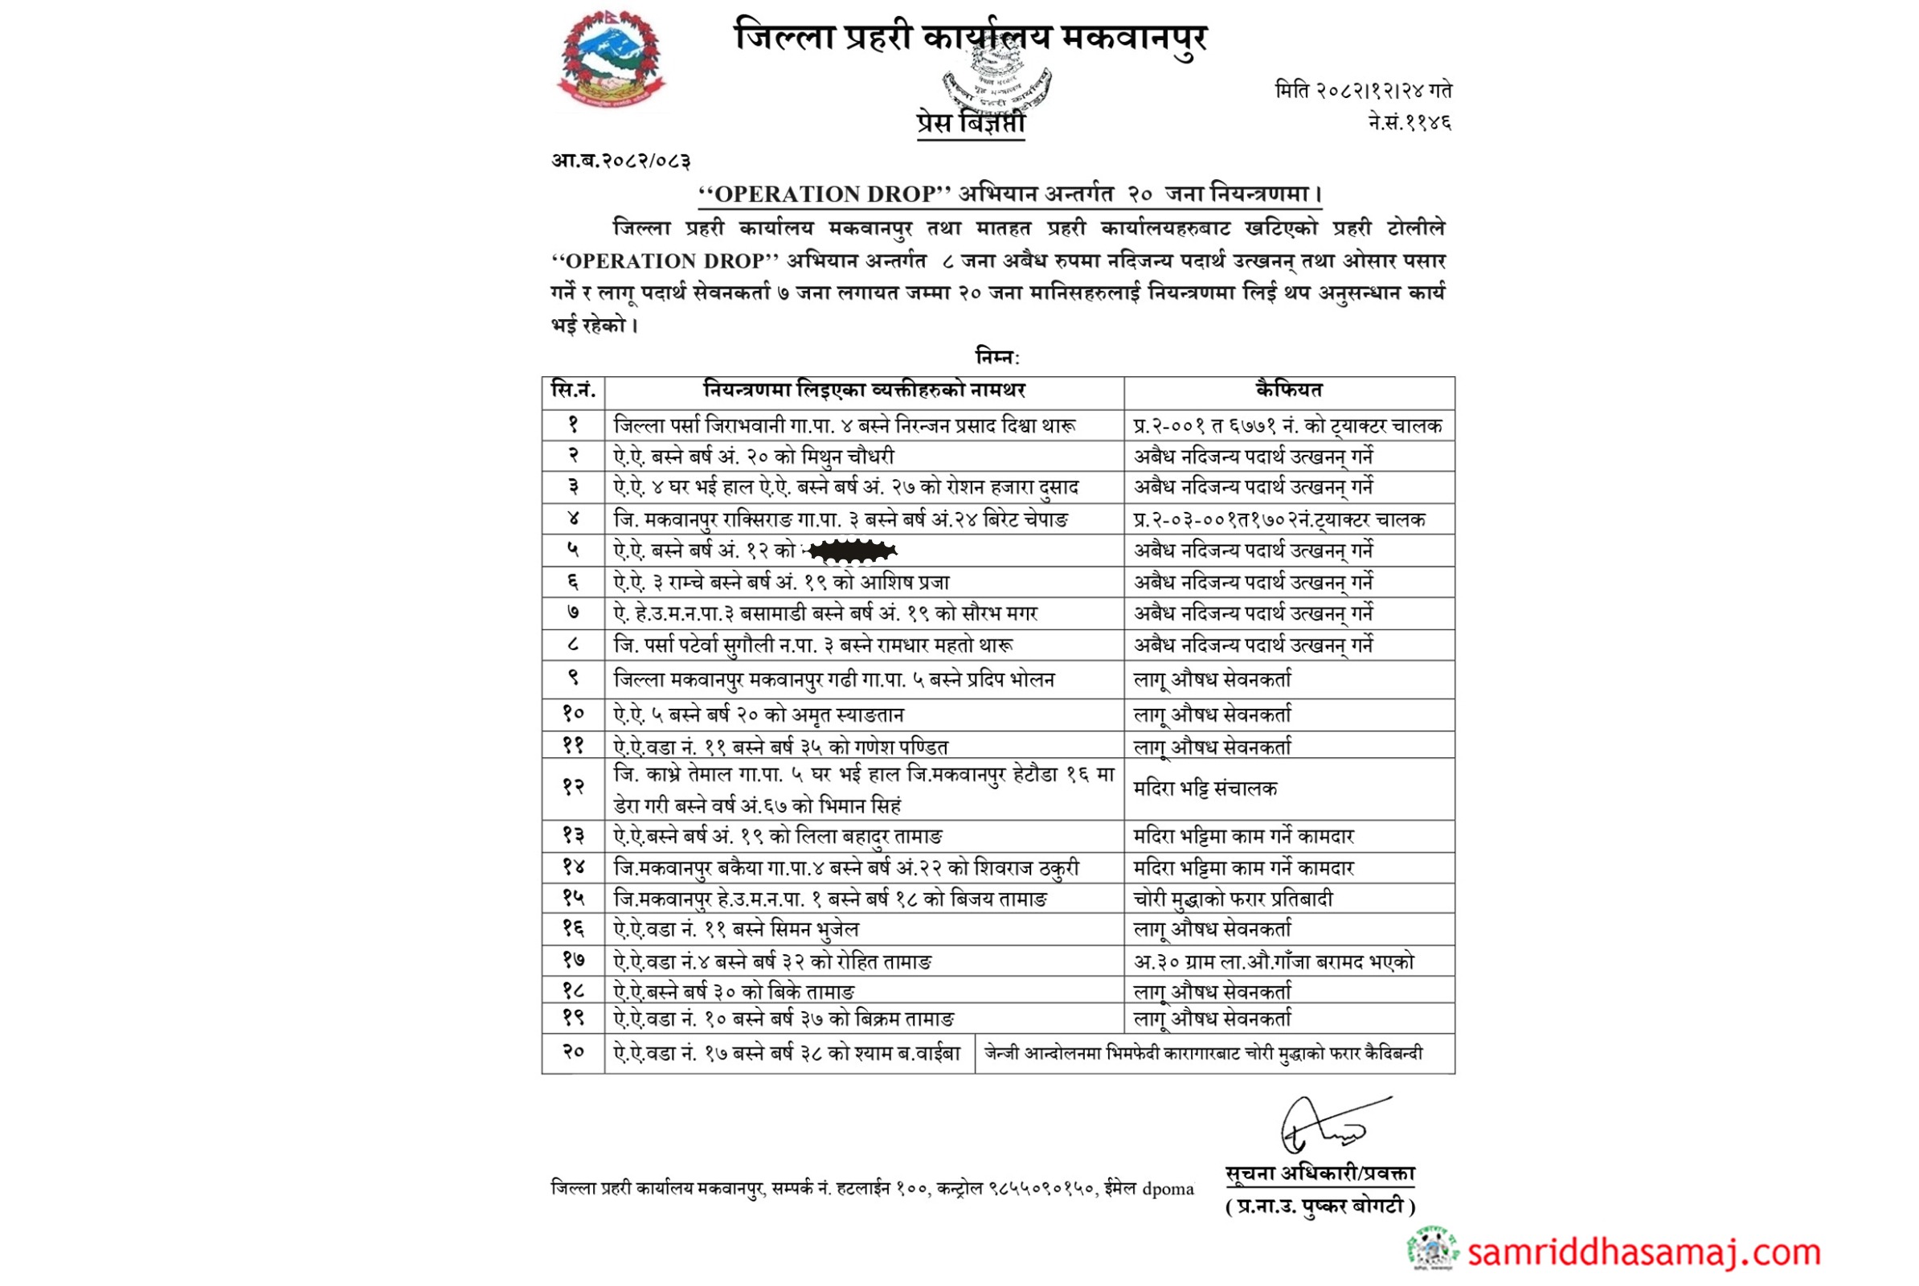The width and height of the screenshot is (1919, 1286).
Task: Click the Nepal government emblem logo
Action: (x=611, y=62)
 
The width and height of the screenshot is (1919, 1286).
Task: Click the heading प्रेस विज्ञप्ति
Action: (x=970, y=123)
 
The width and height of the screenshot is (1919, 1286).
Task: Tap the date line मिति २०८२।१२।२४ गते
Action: (x=1363, y=90)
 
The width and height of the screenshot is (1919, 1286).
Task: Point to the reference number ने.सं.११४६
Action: (x=1409, y=123)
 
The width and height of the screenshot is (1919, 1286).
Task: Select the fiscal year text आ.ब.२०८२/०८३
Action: (x=620, y=161)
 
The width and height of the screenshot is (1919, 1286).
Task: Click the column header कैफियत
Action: (x=1288, y=391)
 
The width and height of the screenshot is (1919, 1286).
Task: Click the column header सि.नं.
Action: (x=573, y=391)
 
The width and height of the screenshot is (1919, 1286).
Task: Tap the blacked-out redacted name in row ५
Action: (x=851, y=551)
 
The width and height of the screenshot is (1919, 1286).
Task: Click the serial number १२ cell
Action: (x=573, y=788)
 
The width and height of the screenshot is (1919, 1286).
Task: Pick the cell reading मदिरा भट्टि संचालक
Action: (x=1205, y=789)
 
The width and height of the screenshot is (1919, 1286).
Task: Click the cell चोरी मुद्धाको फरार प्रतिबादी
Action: (x=1233, y=899)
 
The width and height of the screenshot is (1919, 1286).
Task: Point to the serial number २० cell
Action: (x=573, y=1052)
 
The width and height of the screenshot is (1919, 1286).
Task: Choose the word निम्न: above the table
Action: (x=997, y=358)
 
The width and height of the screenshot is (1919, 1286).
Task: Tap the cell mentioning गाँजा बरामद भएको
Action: (x=1273, y=961)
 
